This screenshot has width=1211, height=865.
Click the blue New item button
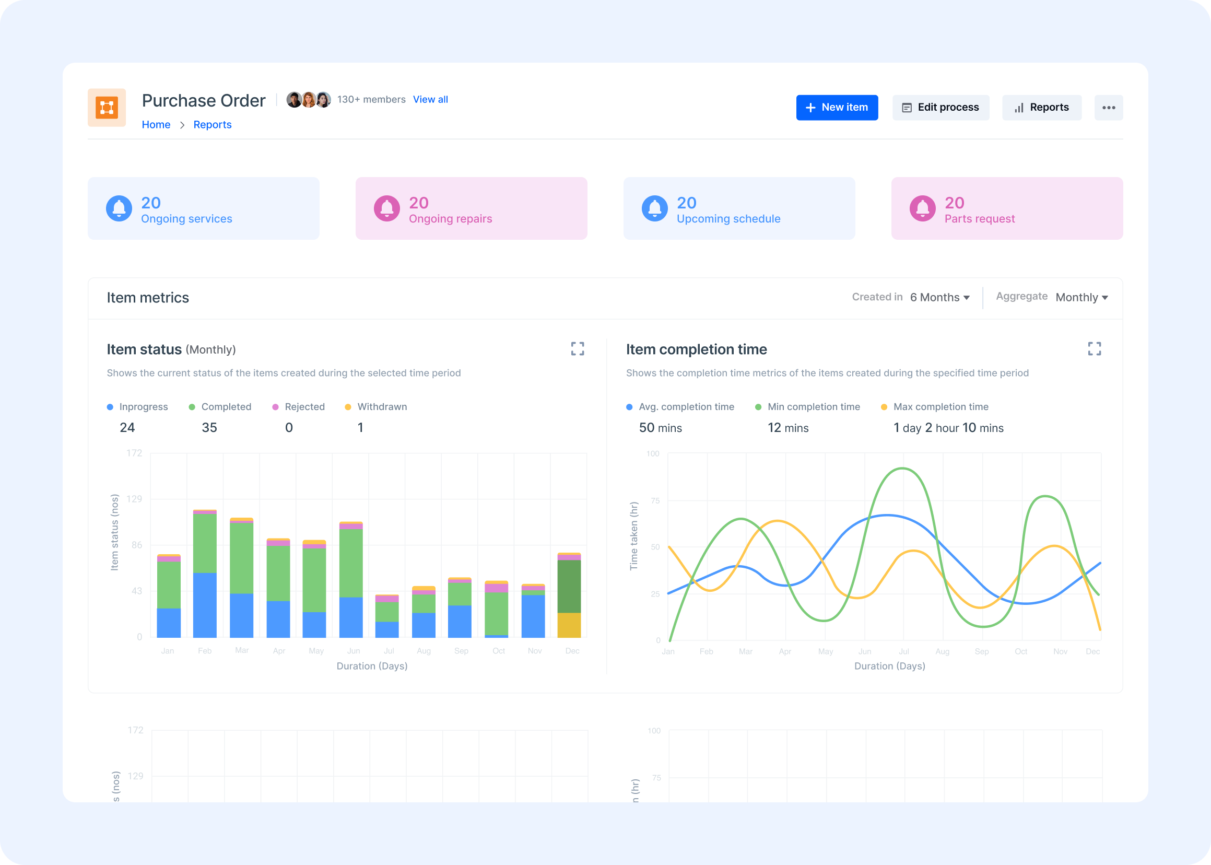point(837,108)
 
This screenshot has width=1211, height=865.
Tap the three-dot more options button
point(1108,108)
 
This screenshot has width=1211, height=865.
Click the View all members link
point(430,100)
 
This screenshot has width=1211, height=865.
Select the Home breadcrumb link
point(156,125)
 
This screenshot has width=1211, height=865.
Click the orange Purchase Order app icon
point(107,108)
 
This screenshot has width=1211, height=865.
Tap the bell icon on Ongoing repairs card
point(386,208)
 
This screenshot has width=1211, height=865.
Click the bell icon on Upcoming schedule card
point(654,208)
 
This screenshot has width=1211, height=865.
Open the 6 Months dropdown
point(939,297)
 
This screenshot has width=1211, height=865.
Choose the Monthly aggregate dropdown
point(1081,297)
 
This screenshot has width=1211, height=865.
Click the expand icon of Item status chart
point(577,349)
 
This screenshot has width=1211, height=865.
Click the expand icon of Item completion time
point(1094,349)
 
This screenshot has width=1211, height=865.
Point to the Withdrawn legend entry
point(382,407)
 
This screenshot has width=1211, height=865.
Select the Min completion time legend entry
point(813,407)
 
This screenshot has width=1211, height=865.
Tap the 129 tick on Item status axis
point(134,499)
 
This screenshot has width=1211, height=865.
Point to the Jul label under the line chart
point(904,651)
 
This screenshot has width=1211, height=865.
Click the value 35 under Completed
point(209,428)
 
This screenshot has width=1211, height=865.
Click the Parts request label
point(979,219)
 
